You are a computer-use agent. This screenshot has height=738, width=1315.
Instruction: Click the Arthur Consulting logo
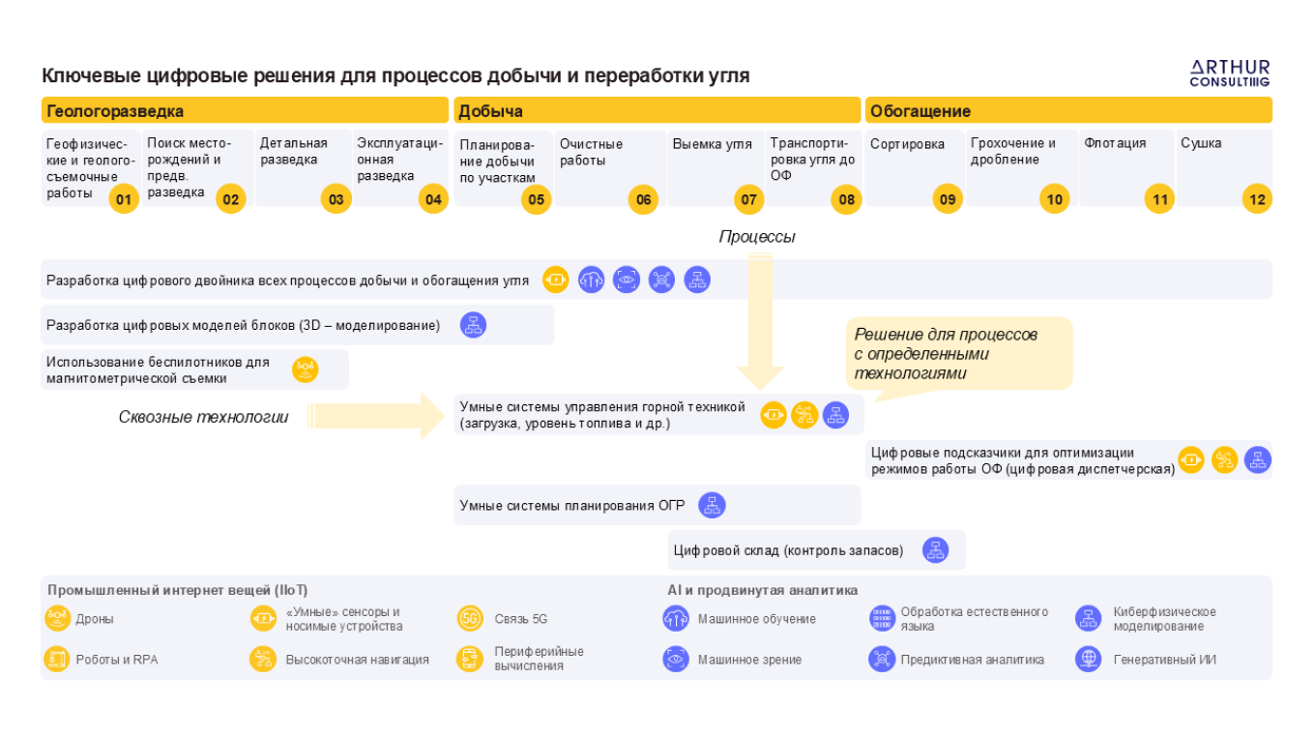pyautogui.click(x=1229, y=73)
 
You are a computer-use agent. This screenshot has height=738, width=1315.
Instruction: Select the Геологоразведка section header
pyautogui.click(x=115, y=111)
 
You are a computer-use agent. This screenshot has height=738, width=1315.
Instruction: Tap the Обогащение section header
pyautogui.click(x=920, y=111)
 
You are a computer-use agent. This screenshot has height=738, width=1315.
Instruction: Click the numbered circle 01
pyautogui.click(x=123, y=200)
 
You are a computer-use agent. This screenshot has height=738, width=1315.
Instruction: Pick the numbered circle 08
pyautogui.click(x=847, y=200)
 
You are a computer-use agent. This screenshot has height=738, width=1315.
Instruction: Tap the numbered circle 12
pyautogui.click(x=1257, y=200)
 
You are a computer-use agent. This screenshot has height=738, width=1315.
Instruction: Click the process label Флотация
pyautogui.click(x=1115, y=143)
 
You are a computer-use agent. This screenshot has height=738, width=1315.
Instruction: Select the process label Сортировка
pyautogui.click(x=907, y=144)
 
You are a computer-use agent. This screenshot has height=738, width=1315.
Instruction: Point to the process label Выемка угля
pyautogui.click(x=712, y=144)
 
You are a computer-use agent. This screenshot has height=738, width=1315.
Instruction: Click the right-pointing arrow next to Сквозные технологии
pyautogui.click(x=377, y=417)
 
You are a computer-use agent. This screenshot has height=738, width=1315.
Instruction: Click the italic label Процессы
pyautogui.click(x=757, y=237)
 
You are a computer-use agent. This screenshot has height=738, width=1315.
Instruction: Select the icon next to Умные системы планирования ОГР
pyautogui.click(x=712, y=505)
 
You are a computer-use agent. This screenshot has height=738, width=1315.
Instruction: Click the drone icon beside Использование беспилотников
pyautogui.click(x=306, y=369)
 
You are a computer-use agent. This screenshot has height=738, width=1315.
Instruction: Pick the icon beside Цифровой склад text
pyautogui.click(x=935, y=550)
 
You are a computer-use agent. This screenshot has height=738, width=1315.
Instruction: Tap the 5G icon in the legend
pyautogui.click(x=470, y=619)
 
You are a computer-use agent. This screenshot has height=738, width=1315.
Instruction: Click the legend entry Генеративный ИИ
pyautogui.click(x=1164, y=660)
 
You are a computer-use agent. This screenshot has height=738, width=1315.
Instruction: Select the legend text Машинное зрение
pyautogui.click(x=749, y=660)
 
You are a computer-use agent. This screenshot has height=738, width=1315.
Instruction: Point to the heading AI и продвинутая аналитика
pyautogui.click(x=762, y=590)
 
